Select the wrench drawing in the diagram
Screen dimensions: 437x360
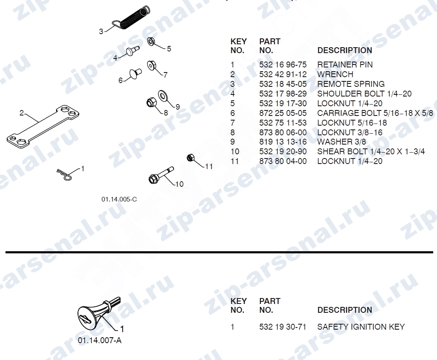coord(43,127)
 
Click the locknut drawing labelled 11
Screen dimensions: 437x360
coord(190,158)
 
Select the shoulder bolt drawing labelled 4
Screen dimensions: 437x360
coord(133,51)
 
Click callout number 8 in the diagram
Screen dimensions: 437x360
coord(166,113)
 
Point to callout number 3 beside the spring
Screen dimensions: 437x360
coord(101,32)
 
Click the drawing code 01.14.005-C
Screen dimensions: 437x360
coord(119,199)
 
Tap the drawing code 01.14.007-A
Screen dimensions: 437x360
coord(100,341)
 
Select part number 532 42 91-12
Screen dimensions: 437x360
coord(283,75)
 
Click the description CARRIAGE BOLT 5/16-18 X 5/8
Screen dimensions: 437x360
coord(375,113)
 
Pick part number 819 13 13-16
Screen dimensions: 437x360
coord(283,142)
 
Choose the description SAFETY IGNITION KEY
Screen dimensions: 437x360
coord(361,327)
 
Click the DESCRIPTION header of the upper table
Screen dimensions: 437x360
coord(345,51)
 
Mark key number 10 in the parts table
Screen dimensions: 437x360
coord(235,151)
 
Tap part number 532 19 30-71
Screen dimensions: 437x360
coord(283,327)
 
